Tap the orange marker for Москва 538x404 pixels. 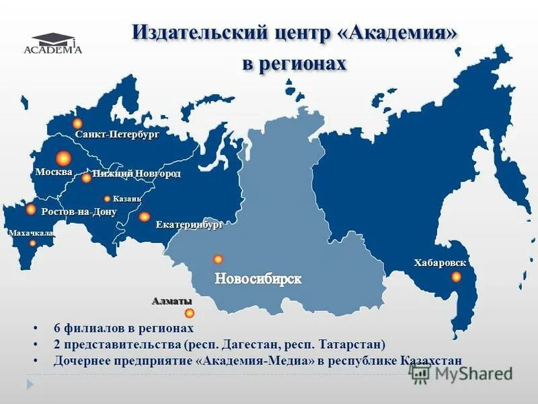pyautogui.click(x=63, y=158)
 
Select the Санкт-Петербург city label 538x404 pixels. pyautogui.click(x=117, y=135)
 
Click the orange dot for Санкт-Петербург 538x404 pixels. pyautogui.click(x=77, y=123)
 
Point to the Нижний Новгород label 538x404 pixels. pyautogui.click(x=137, y=174)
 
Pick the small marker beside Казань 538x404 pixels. pyautogui.click(x=107, y=199)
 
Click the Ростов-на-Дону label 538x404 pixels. pyautogui.click(x=79, y=211)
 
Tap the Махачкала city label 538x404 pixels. pyautogui.click(x=30, y=233)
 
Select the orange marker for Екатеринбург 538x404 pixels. pyautogui.click(x=144, y=217)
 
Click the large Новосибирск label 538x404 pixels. pyautogui.click(x=258, y=278)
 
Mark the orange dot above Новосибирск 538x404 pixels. pyautogui.click(x=218, y=259)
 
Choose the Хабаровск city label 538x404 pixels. pyautogui.click(x=440, y=263)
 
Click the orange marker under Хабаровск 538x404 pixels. pyautogui.click(x=456, y=277)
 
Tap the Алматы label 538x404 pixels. pyautogui.click(x=171, y=301)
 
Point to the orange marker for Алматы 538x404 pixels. pyautogui.click(x=190, y=313)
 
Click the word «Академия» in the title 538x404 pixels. pyautogui.click(x=404, y=33)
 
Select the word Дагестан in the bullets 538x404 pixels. pyautogui.click(x=261, y=345)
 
